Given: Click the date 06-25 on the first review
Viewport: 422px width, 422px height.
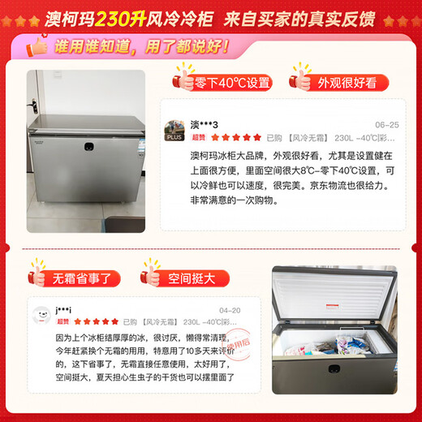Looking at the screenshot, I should coord(386,125).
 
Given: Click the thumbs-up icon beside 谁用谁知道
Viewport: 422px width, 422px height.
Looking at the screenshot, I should coord(36,48).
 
